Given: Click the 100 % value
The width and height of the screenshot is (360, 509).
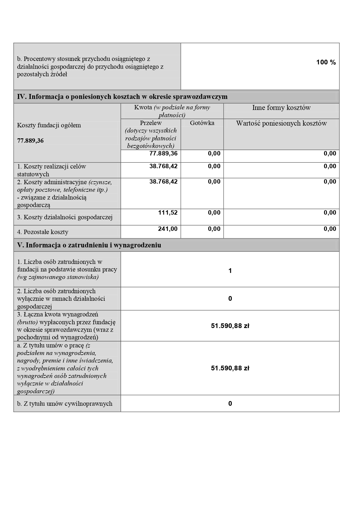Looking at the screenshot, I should pos(326,62).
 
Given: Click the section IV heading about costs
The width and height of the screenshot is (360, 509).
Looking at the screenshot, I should pos(122,97).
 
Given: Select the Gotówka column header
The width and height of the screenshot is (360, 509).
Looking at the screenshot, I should pos(202,123).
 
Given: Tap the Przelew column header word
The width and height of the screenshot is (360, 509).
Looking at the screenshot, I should pos(151,123).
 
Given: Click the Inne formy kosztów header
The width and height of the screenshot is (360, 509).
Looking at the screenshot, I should pos(281,108).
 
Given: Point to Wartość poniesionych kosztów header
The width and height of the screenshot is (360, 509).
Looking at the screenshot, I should pos(281,123).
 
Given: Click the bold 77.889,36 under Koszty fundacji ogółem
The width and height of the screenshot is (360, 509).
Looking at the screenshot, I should pos(30,141).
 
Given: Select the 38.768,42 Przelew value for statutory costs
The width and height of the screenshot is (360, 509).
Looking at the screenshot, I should pos(163,166).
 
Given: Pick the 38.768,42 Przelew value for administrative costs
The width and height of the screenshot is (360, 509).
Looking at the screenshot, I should pos(163,182).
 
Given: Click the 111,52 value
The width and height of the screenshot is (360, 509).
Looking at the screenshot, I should pos(168,213).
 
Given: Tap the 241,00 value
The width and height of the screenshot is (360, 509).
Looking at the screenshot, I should pos(168,229).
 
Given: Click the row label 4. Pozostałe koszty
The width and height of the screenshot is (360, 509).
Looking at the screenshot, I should pos(43,232).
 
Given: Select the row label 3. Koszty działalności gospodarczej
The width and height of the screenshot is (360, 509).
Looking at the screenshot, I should pos(65,217).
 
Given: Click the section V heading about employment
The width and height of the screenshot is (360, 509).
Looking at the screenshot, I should pos(89,245).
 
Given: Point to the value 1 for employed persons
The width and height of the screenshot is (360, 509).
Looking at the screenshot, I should pos(230,271).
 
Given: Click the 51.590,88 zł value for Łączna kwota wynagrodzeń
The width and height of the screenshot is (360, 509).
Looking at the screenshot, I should pos(230,326).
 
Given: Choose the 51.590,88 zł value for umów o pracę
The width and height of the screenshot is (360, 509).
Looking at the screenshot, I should pos(230,368).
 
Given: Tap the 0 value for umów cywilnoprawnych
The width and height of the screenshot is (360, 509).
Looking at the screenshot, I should pos(230,404).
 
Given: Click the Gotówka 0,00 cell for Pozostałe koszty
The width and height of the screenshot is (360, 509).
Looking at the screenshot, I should pos(214,229).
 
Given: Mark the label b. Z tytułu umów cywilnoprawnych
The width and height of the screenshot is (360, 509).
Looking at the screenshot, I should pos(65,404).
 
